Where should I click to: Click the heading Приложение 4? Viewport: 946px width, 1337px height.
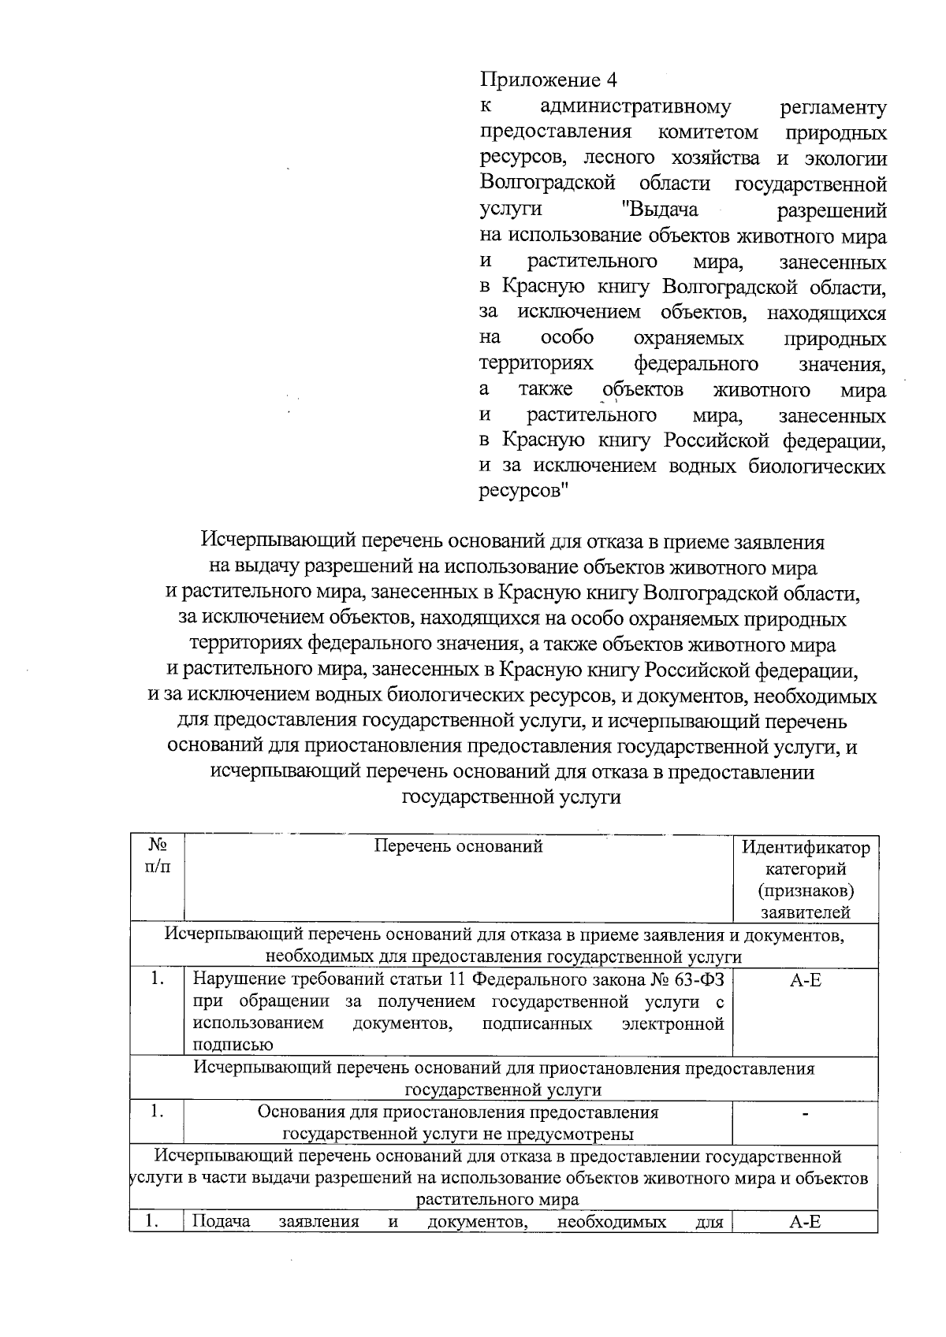pyautogui.click(x=549, y=81)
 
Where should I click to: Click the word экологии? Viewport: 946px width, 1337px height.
pyautogui.click(x=845, y=158)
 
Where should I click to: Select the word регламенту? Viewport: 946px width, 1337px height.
pyautogui.click(x=832, y=107)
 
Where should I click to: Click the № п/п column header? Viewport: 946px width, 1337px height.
pyautogui.click(x=157, y=856)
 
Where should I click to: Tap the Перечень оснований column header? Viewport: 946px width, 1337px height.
pyautogui.click(x=458, y=847)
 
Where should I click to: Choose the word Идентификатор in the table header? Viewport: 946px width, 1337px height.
pyautogui.click(x=806, y=848)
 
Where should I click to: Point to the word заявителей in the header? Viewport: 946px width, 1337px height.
pyautogui.click(x=806, y=913)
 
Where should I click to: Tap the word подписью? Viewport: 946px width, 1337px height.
pyautogui.click(x=233, y=1045)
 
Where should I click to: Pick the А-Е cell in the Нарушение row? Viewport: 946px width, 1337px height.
pyautogui.click(x=806, y=981)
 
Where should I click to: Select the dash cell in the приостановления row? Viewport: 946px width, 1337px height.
pyautogui.click(x=806, y=1113)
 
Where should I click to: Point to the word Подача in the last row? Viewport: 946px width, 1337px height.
pyautogui.click(x=222, y=1222)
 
